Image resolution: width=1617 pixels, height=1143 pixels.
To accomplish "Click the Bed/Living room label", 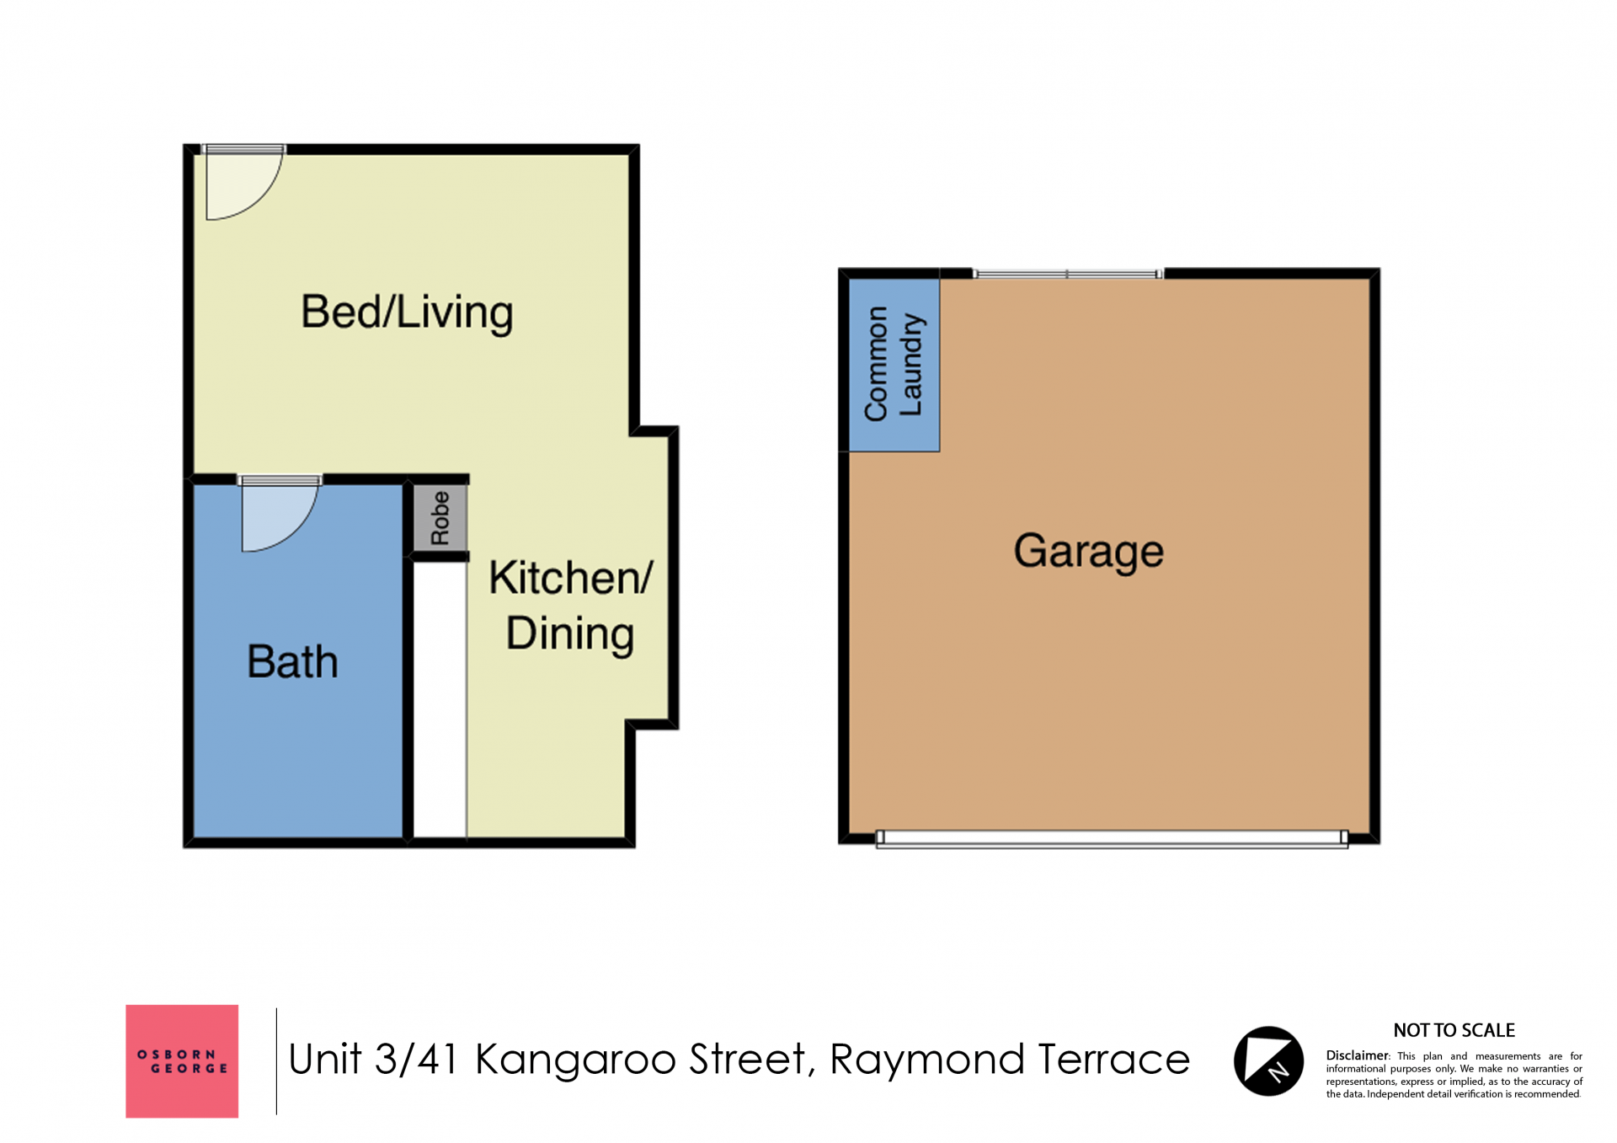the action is coord(407,313).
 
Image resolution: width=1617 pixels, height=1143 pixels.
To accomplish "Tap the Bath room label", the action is coord(292,661).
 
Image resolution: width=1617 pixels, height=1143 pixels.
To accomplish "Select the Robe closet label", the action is coord(440,518).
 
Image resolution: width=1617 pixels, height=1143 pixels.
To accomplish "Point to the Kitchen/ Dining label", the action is coord(571,606).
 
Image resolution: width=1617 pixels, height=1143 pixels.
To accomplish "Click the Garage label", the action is coord(1088,552).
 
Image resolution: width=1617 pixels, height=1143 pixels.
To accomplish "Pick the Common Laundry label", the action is coord(894,364).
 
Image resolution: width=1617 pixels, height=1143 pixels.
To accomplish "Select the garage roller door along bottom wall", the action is coord(1112,838).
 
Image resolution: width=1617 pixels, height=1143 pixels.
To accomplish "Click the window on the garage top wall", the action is coord(1068,274).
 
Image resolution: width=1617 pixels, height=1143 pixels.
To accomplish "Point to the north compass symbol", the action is coord(1268,1061).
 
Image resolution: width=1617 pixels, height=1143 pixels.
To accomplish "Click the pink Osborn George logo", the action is coord(182,1061).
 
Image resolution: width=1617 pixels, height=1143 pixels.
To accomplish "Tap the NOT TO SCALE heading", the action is coord(1454,1030).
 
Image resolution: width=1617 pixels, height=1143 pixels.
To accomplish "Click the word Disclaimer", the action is coord(1357,1055).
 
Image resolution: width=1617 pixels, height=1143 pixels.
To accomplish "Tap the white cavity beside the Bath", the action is coord(440,700).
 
